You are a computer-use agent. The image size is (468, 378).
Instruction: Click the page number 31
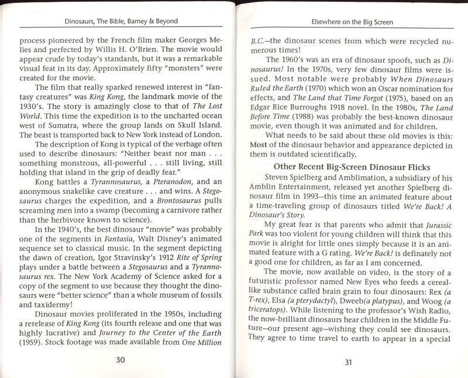pos(347,362)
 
